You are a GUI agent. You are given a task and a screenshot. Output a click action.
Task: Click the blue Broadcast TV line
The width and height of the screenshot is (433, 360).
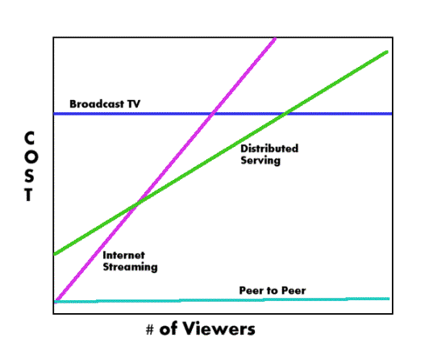click(x=223, y=114)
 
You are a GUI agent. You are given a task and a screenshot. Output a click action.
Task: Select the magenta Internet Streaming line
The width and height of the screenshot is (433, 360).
click(x=165, y=170)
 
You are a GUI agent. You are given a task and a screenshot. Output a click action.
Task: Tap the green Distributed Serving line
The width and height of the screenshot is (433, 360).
click(x=221, y=153)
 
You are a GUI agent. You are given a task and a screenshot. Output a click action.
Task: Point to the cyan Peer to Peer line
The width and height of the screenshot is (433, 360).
click(x=222, y=300)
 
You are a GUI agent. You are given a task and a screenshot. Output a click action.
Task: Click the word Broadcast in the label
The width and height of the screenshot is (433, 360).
click(x=97, y=104)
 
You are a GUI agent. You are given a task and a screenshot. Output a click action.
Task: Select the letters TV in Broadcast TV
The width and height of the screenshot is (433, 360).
click(x=134, y=104)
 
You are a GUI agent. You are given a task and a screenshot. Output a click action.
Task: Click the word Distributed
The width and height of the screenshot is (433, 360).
click(x=269, y=149)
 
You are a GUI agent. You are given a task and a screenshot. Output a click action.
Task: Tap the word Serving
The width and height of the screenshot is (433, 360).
click(x=260, y=161)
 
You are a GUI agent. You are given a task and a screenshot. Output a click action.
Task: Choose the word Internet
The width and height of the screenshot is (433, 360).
click(x=123, y=255)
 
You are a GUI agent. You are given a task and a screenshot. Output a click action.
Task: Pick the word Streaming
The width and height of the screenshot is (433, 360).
click(x=130, y=267)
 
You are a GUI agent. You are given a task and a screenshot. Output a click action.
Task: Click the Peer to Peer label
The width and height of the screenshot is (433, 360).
click(x=273, y=291)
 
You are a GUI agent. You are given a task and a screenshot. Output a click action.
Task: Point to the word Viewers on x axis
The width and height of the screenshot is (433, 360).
click(x=218, y=329)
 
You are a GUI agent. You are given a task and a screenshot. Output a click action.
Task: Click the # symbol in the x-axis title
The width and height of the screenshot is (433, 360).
click(x=150, y=330)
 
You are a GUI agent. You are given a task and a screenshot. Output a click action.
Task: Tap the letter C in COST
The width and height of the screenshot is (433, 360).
click(x=29, y=138)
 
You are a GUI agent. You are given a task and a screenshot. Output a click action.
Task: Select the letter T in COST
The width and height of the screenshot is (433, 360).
click(x=29, y=195)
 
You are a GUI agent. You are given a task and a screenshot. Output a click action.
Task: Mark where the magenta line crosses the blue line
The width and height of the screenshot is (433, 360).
click(x=213, y=114)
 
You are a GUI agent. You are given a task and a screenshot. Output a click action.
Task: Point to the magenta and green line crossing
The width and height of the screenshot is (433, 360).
click(x=137, y=205)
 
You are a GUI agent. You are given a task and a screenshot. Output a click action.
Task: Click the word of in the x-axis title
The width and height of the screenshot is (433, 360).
click(x=169, y=329)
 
